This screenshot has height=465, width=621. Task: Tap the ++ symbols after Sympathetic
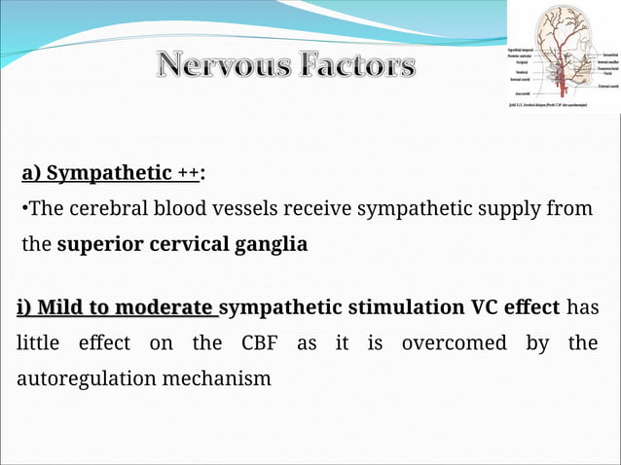[x=188, y=174]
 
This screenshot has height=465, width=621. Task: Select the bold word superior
[x=99, y=244]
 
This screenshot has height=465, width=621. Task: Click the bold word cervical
[x=187, y=244]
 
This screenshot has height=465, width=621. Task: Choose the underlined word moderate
[x=168, y=308]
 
